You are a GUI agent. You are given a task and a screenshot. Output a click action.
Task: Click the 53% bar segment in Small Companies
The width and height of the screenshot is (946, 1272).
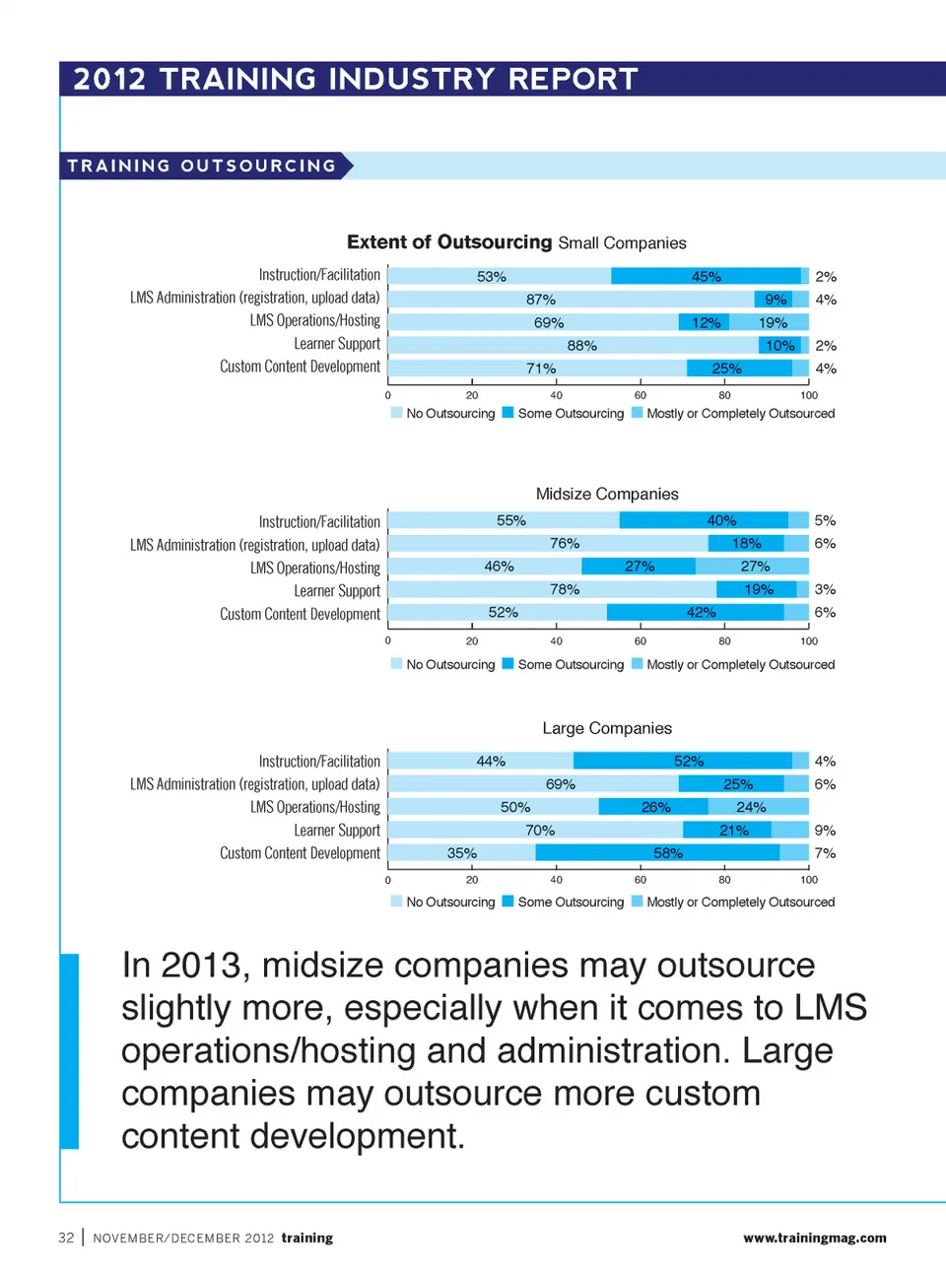[x=499, y=277]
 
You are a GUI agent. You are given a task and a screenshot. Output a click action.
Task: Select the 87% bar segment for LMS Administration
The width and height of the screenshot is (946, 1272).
[x=571, y=300]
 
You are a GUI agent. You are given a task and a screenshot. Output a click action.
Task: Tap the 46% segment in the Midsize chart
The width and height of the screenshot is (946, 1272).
[x=485, y=567]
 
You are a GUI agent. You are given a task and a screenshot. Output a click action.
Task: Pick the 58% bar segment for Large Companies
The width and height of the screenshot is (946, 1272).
[x=657, y=853]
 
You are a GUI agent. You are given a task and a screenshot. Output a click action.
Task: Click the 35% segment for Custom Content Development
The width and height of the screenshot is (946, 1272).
[x=461, y=853]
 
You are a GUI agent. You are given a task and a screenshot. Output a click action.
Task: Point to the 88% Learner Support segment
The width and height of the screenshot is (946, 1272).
[x=574, y=346]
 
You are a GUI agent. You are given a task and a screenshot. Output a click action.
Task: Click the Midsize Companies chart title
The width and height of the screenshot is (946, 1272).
[x=607, y=494]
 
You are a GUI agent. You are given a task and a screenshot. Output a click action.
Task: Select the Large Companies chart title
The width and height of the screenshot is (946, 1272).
[x=607, y=728]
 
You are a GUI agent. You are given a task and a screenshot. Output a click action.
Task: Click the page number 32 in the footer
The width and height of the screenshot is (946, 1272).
[x=66, y=1238]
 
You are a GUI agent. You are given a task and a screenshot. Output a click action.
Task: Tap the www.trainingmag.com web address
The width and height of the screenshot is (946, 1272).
[x=814, y=1238]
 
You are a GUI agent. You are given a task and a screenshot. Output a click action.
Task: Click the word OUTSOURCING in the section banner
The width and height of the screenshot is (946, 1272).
[x=258, y=166]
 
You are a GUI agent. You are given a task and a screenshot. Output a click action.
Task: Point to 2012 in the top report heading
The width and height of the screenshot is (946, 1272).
[x=109, y=79]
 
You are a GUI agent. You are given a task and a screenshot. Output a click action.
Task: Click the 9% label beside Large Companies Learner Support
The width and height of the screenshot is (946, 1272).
[x=825, y=831]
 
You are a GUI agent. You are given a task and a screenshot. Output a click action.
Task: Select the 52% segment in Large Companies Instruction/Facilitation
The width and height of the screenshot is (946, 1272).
[x=683, y=762]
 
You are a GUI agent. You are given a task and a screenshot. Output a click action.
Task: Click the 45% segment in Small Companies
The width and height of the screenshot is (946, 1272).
[x=706, y=277]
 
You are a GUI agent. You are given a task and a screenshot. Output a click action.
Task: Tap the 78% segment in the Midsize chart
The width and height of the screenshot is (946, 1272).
[x=552, y=589]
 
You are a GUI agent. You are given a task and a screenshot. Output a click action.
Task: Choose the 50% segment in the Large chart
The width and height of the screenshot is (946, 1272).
[x=493, y=807]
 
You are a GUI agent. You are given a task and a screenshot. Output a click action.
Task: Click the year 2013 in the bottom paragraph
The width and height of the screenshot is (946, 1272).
[x=201, y=966]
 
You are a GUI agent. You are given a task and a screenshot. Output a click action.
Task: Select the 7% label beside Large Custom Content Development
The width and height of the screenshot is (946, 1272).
[x=825, y=853]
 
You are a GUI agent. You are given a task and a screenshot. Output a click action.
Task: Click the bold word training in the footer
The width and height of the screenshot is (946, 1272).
[x=307, y=1238]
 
